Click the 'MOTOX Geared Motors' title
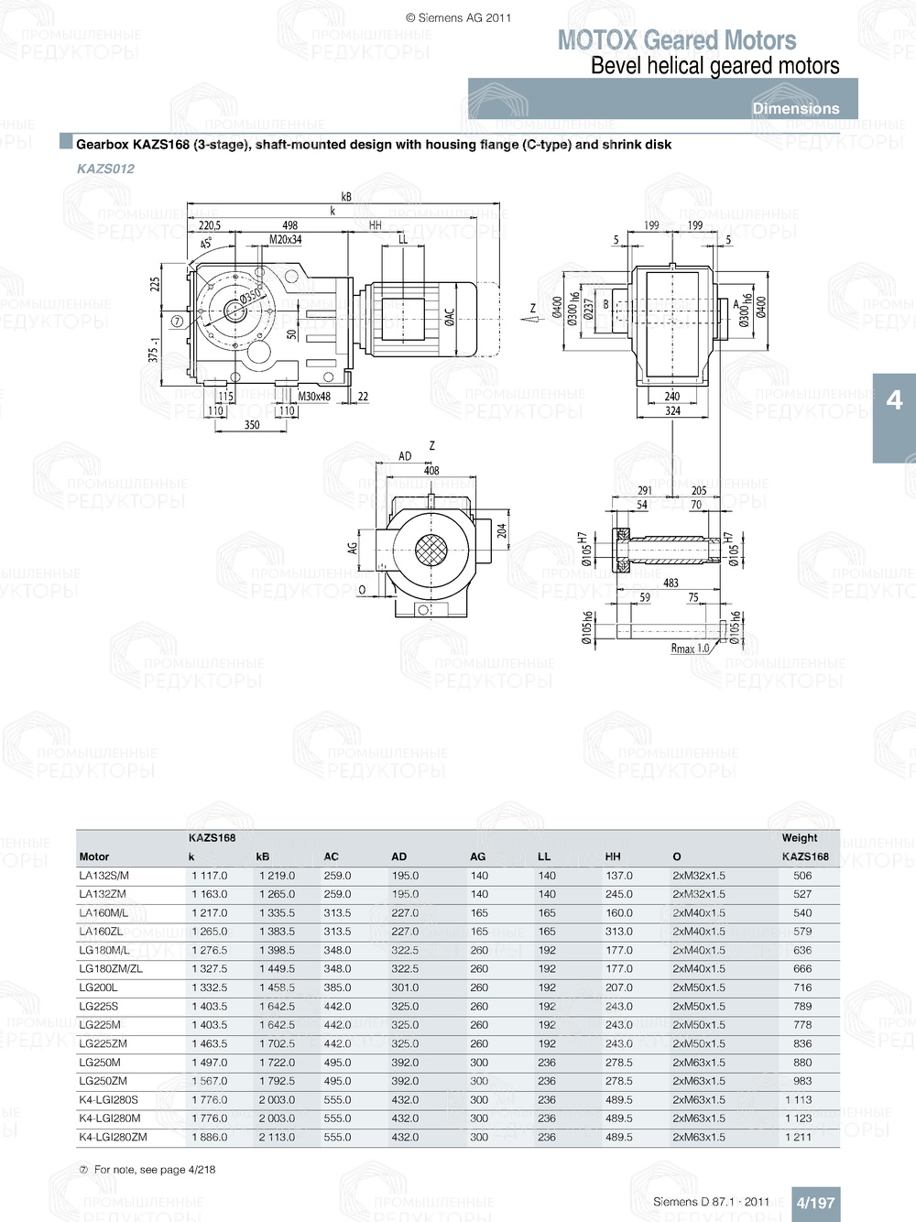pos(676,40)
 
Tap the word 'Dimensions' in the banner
pos(795,108)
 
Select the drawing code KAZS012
pos(105,169)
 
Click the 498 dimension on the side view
pos(289,225)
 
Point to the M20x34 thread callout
pos(285,240)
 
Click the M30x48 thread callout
pos(314,397)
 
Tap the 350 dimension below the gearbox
pos(252,425)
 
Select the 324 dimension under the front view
pos(672,411)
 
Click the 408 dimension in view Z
pos(431,471)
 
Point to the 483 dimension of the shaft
pos(671,583)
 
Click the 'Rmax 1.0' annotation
pos(690,649)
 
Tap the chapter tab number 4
pos(894,400)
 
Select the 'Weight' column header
pos(800,838)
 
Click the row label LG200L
pos(98,987)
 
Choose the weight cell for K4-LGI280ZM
pos(798,1137)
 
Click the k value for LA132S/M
pos(210,876)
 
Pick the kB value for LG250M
pos(277,1063)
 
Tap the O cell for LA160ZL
pos(698,932)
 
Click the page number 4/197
pos(814,1203)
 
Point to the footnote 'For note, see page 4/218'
pos(154,1170)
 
